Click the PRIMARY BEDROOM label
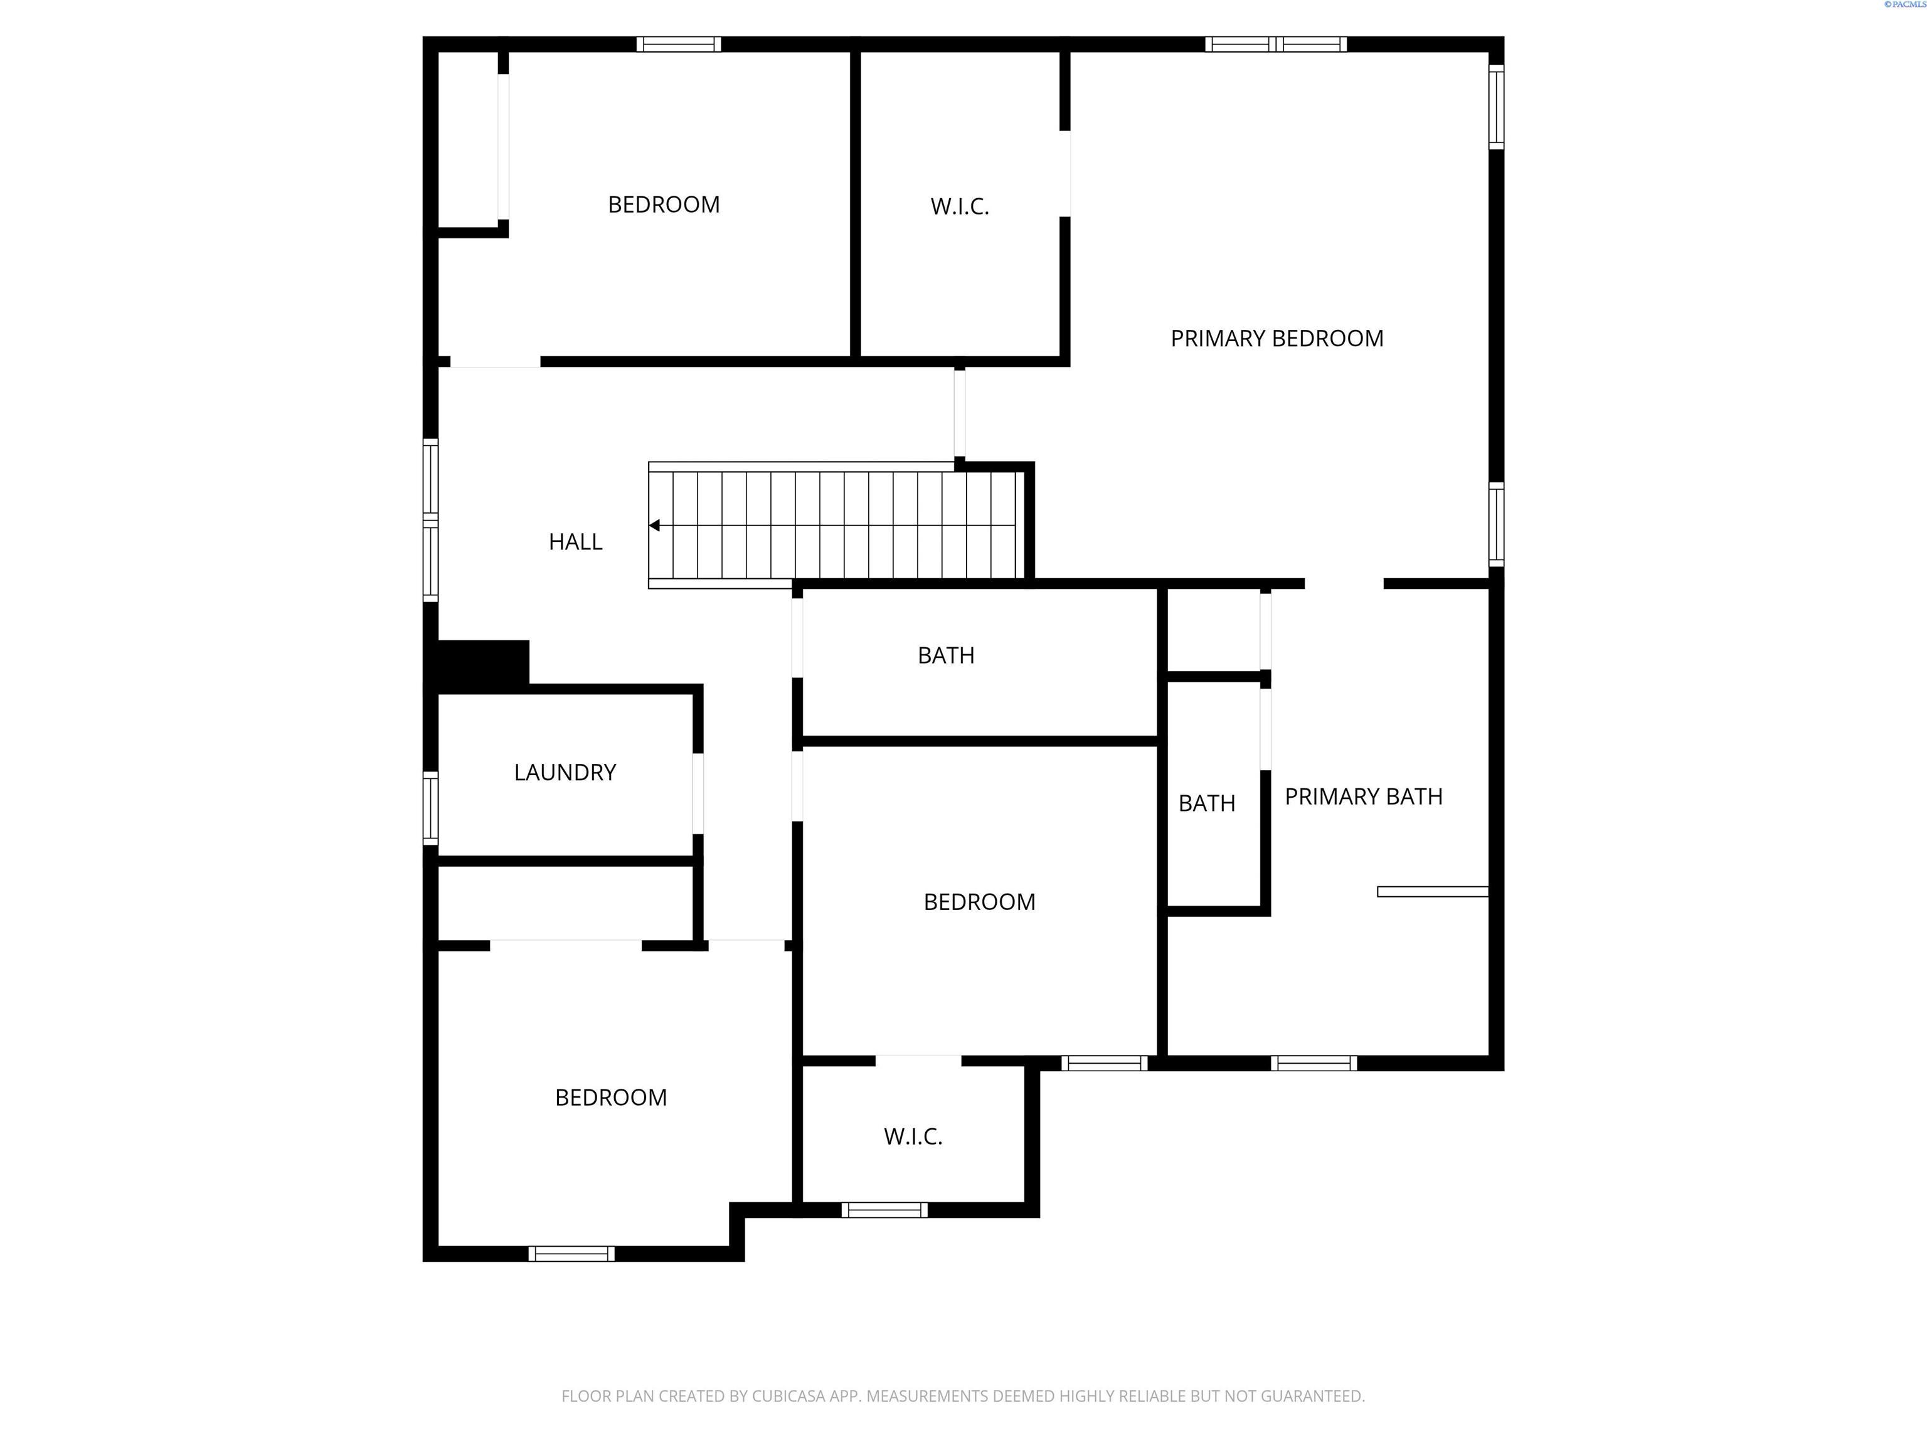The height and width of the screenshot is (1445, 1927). pyautogui.click(x=1277, y=338)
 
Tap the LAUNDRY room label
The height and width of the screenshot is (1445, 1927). pyautogui.click(x=565, y=773)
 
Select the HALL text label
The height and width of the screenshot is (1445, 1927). pyautogui.click(x=575, y=542)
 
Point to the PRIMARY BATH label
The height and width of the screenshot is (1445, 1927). pyautogui.click(x=1363, y=797)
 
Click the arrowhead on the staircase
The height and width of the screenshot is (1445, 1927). pyautogui.click(x=654, y=525)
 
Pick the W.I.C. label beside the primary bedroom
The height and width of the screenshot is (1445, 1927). pyautogui.click(x=959, y=206)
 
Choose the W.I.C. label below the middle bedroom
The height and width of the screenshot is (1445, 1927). pyautogui.click(x=913, y=1136)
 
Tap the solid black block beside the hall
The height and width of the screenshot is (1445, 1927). pyautogui.click(x=482, y=664)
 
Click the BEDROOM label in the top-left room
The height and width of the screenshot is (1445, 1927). pyautogui.click(x=663, y=204)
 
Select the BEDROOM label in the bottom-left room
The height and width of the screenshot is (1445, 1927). pyautogui.click(x=611, y=1098)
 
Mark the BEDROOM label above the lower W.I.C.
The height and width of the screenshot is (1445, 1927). pyautogui.click(x=979, y=902)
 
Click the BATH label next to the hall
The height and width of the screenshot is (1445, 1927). pyautogui.click(x=945, y=656)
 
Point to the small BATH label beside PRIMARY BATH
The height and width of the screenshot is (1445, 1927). pyautogui.click(x=1206, y=803)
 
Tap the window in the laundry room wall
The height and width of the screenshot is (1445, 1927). pyautogui.click(x=430, y=807)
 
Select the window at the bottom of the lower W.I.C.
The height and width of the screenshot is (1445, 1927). pyautogui.click(x=884, y=1210)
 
